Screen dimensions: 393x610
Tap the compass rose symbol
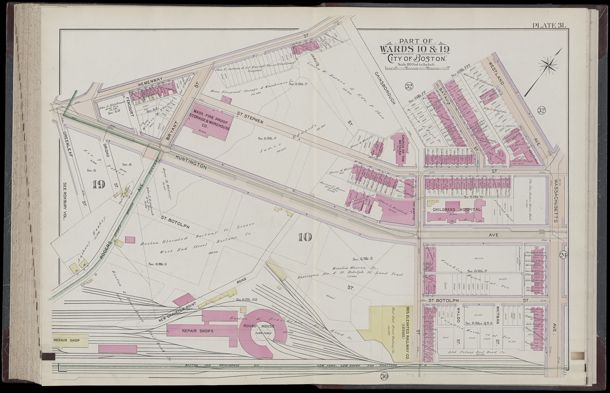tap(548, 65)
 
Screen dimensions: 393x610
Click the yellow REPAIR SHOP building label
tap(66, 339)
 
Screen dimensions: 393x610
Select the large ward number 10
tap(304, 237)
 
